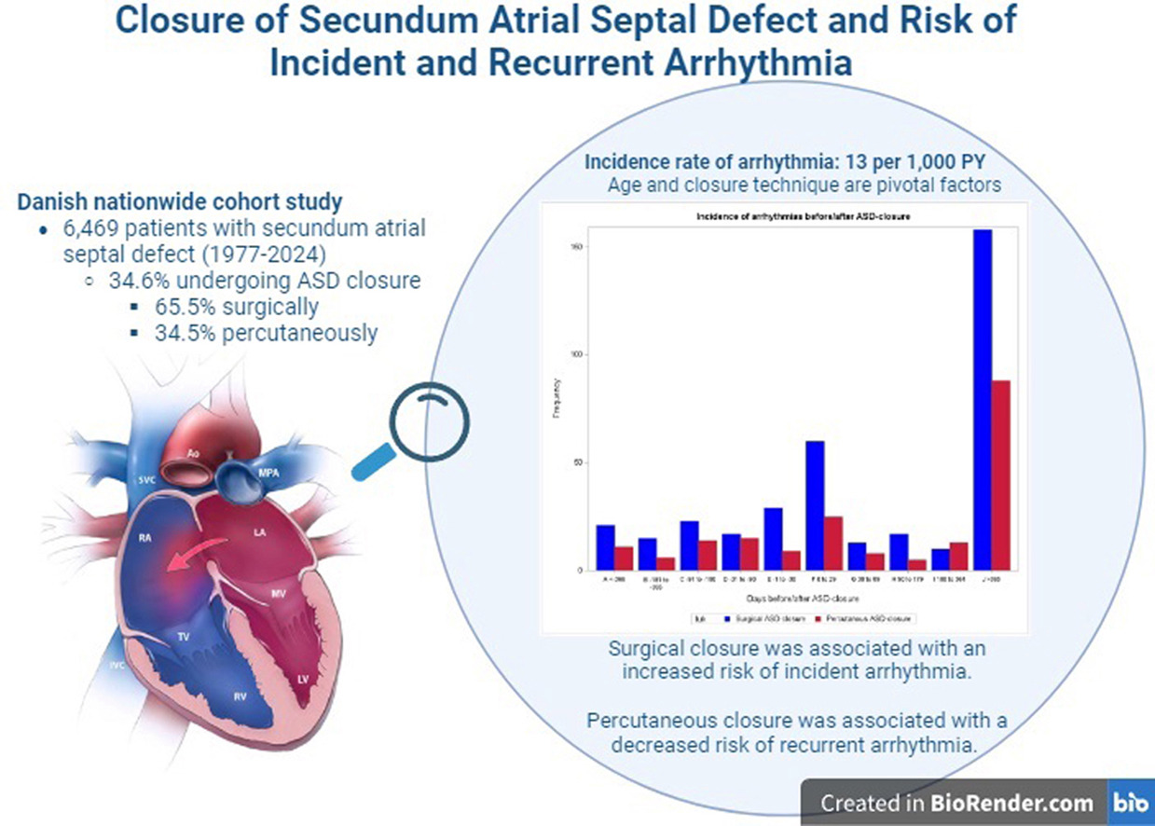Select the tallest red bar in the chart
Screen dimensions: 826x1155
point(1000,475)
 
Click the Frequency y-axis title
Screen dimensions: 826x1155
point(557,396)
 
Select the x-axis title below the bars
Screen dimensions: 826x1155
point(803,597)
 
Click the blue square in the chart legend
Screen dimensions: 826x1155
point(724,617)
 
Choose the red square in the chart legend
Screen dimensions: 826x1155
point(818,617)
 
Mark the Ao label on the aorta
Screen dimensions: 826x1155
point(193,454)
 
